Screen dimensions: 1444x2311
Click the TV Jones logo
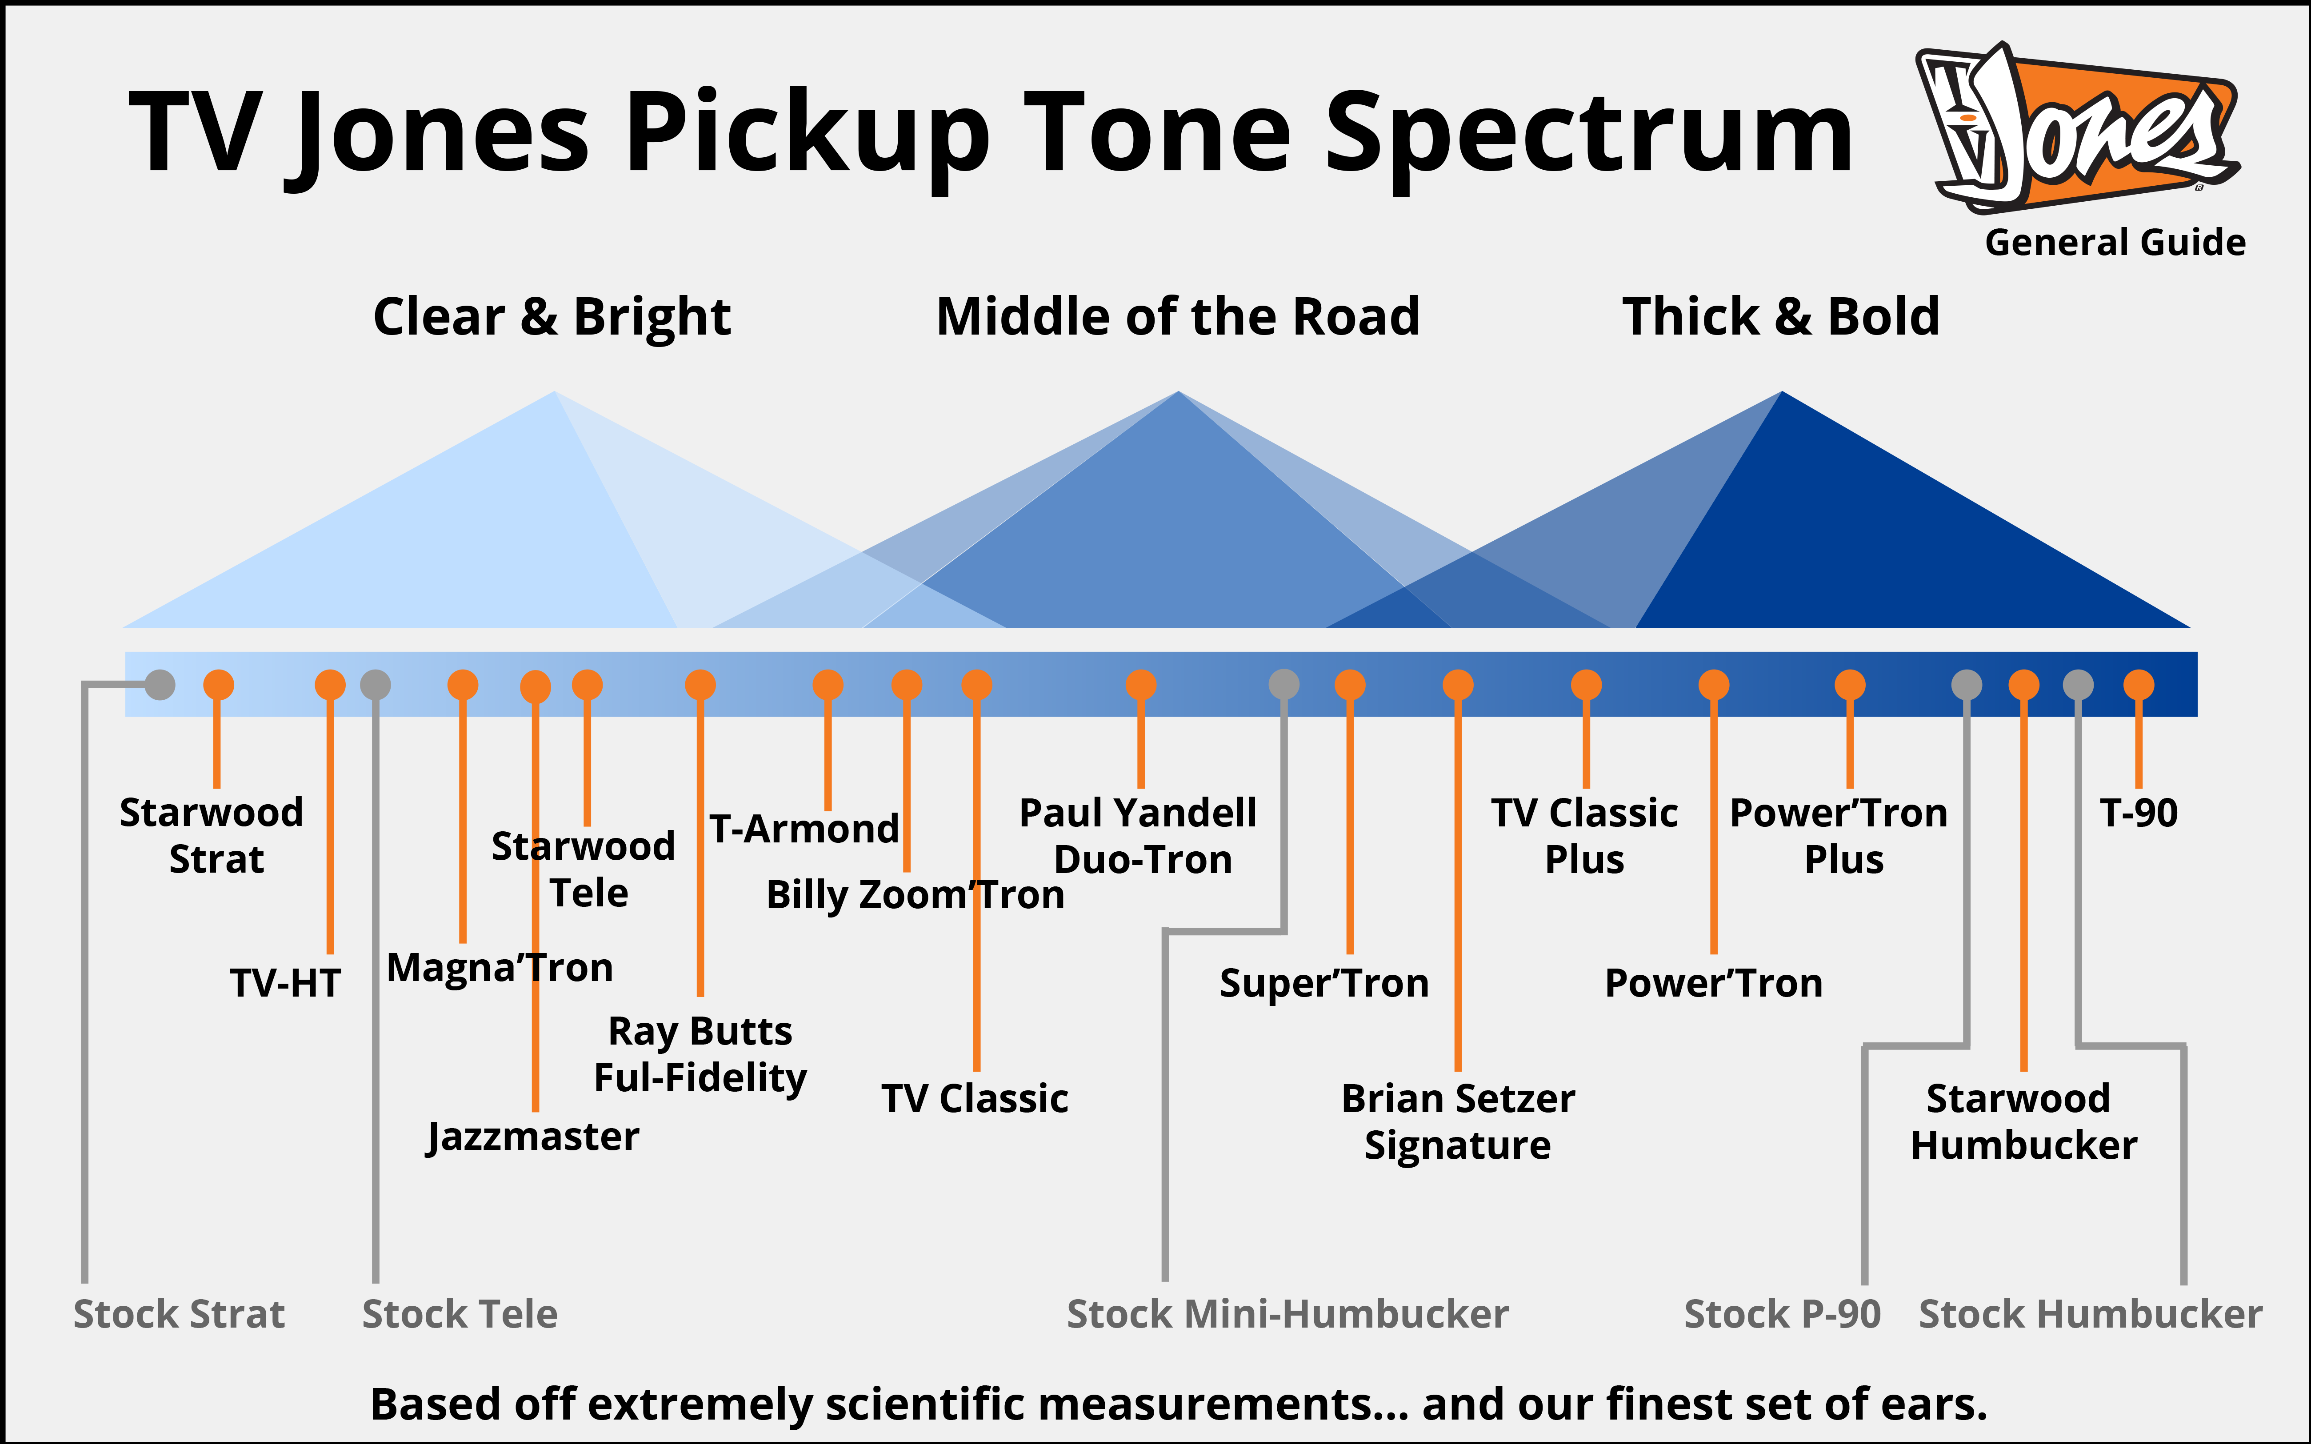pyautogui.click(x=2077, y=129)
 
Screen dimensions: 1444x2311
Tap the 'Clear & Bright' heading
pyautogui.click(x=552, y=317)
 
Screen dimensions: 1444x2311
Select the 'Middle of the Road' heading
pyautogui.click(x=1177, y=317)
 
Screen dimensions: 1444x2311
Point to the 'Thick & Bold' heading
pyautogui.click(x=1781, y=317)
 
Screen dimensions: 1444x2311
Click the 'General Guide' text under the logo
pyautogui.click(x=2115, y=243)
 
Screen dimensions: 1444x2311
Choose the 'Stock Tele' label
pyautogui.click(x=460, y=1314)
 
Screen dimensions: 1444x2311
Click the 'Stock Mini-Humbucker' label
pyautogui.click(x=1287, y=1314)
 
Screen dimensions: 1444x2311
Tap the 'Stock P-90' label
pyautogui.click(x=1782, y=1314)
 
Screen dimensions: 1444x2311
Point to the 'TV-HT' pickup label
pyautogui.click(x=285, y=983)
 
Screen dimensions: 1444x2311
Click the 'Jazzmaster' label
pyautogui.click(x=533, y=1137)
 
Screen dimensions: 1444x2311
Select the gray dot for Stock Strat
pyautogui.click(x=160, y=685)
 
